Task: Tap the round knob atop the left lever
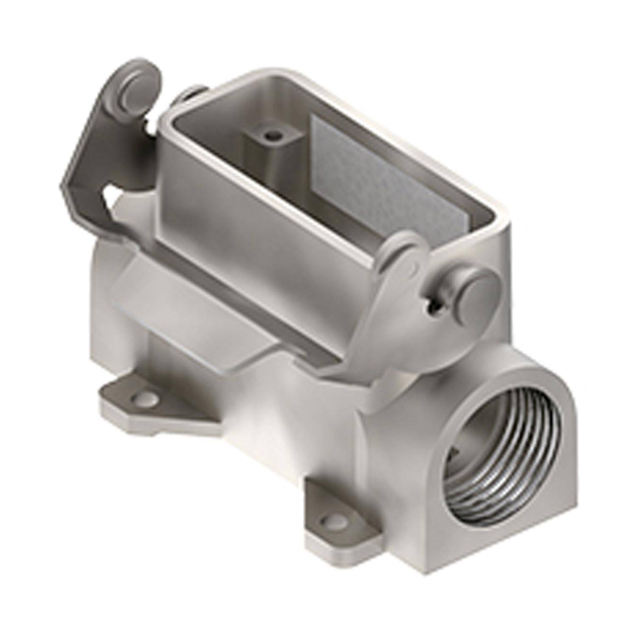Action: pyautogui.click(x=135, y=81)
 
